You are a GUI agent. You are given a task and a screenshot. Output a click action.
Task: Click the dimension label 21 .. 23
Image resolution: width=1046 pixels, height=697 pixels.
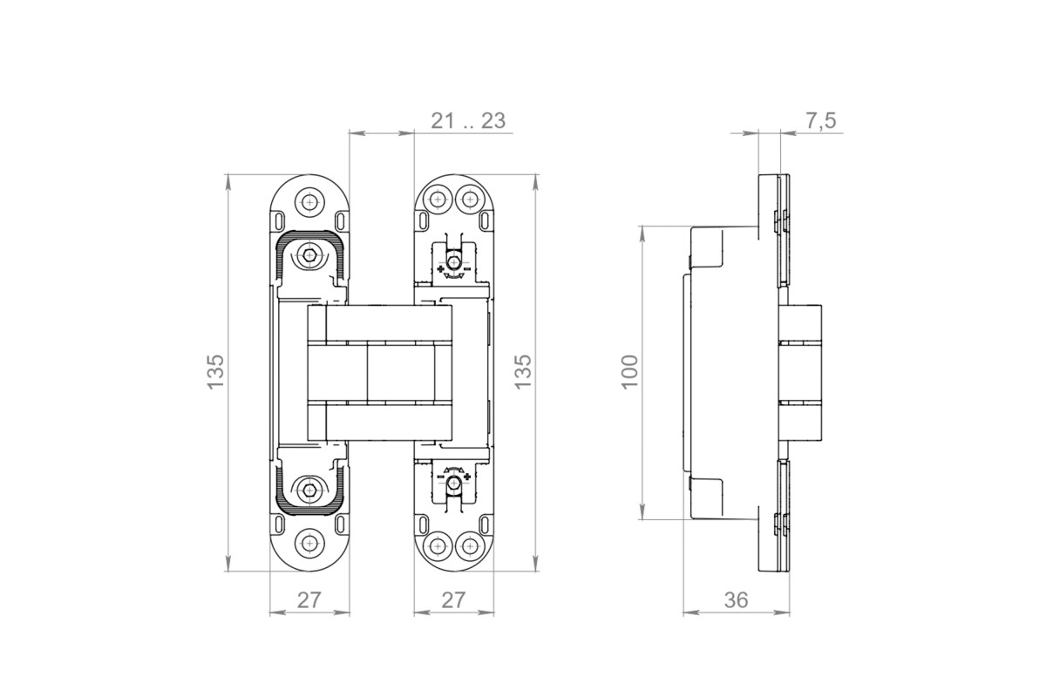pos(468,121)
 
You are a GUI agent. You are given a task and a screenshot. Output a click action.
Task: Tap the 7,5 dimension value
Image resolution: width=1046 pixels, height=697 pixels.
pos(820,121)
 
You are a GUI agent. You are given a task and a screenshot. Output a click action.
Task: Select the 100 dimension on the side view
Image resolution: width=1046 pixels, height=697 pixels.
pos(630,372)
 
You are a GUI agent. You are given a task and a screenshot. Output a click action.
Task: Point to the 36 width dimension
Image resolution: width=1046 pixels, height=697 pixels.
pos(736,600)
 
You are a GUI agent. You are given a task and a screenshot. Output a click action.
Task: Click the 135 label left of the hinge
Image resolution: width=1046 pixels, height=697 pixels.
pos(216,372)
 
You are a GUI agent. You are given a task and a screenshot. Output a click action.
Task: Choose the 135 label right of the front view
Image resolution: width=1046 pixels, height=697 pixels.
pos(523,372)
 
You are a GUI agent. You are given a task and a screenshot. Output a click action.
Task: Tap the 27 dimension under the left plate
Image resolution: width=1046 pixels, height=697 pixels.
pos(309,600)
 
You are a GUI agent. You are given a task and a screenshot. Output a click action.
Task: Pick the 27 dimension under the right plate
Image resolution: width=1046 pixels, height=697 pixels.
pos(453,600)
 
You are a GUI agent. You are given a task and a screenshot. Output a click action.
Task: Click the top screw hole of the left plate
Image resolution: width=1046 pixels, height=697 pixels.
pos(309,203)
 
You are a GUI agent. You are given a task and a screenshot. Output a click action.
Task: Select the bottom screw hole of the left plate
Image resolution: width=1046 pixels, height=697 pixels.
pos(309,543)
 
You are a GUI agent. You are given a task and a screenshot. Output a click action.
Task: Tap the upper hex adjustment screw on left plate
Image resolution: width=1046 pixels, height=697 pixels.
pos(309,255)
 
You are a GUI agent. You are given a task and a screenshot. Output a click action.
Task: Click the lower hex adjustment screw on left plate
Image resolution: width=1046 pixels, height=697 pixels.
pos(309,491)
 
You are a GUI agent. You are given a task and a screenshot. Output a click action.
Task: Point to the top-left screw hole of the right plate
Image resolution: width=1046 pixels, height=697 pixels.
pos(438,200)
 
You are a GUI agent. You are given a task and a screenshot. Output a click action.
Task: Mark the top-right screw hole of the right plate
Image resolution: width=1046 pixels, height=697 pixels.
pos(469,200)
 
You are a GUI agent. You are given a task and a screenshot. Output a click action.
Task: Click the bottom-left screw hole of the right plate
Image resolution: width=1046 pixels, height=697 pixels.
pos(438,545)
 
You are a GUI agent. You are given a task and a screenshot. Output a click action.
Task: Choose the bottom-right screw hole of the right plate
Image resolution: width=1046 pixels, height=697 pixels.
pos(469,545)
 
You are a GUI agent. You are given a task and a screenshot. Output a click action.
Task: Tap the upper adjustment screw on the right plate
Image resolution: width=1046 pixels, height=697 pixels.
pos(453,261)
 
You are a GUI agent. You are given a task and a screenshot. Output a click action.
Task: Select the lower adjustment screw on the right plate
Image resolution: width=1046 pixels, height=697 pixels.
pos(453,484)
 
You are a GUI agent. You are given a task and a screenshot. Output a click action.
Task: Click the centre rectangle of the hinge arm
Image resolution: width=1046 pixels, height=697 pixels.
pos(401,373)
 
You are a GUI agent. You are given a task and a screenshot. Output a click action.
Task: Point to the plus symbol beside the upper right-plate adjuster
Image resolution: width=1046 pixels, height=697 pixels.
pos(440,269)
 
